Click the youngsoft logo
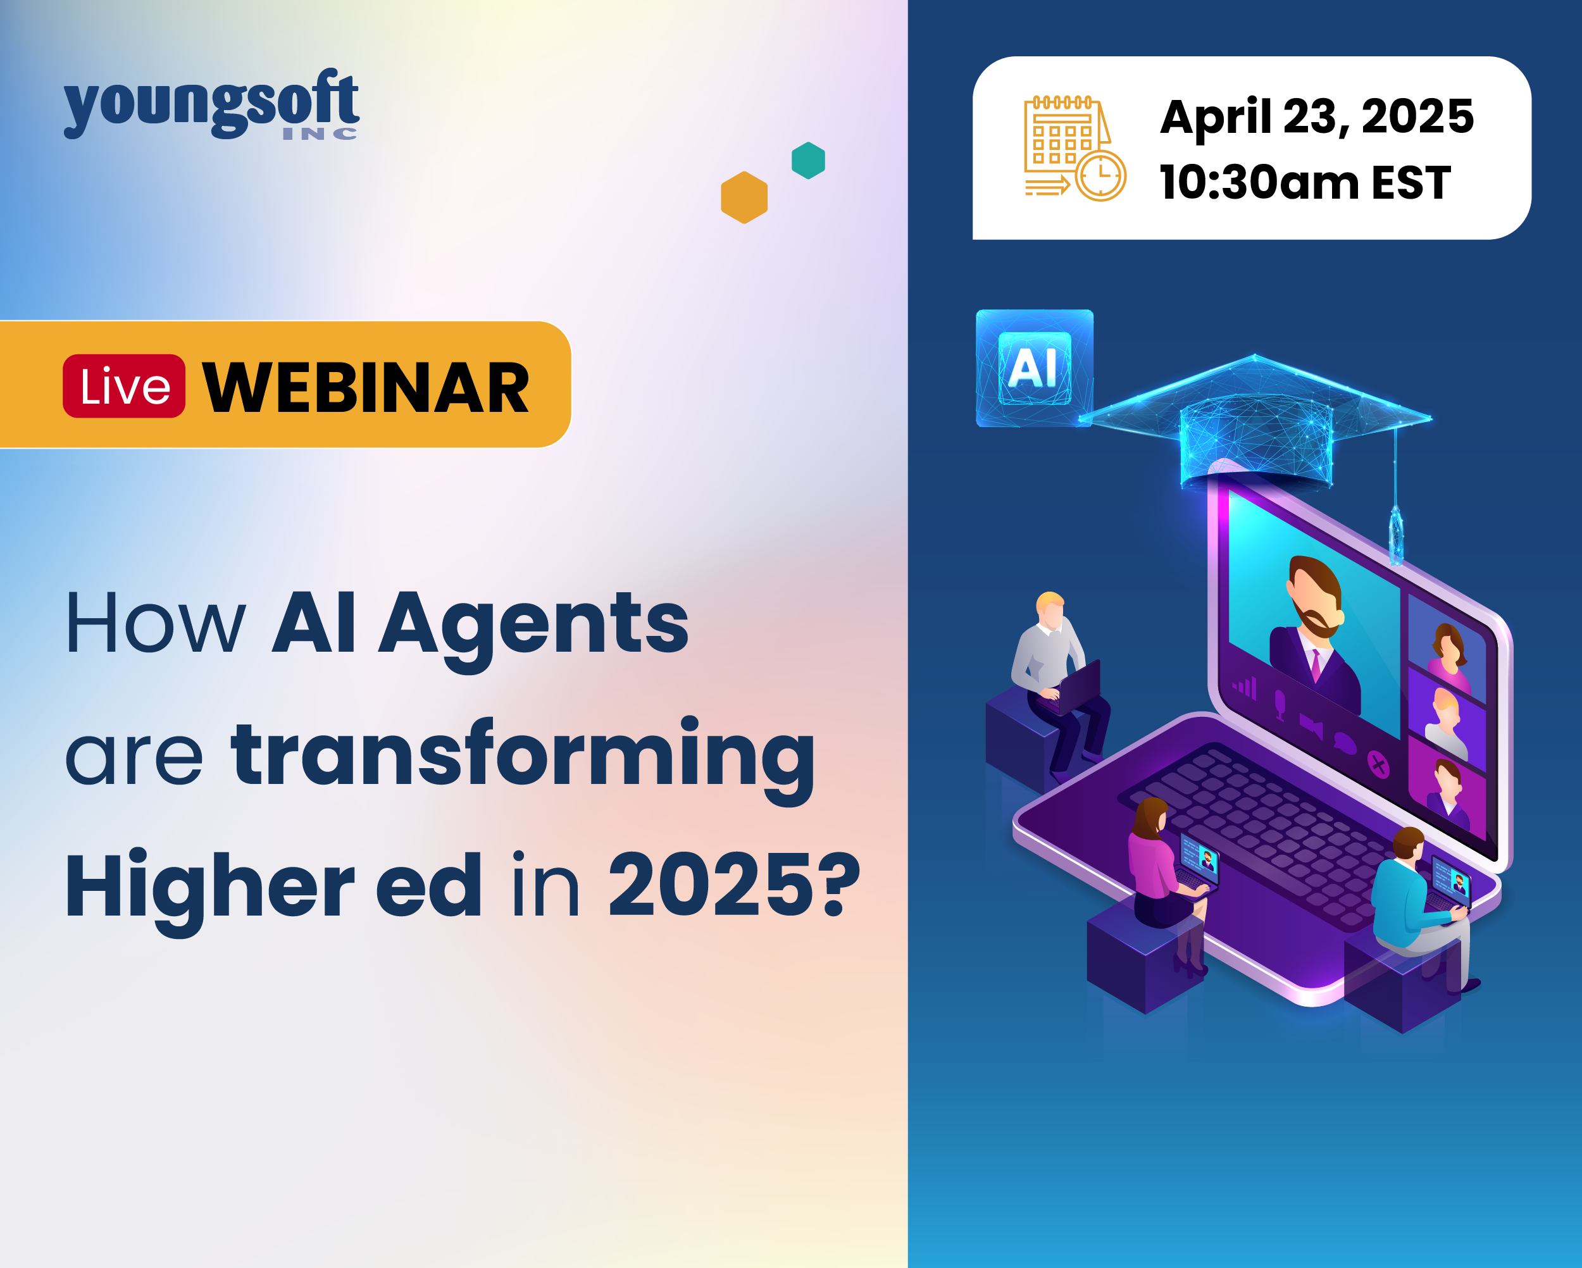click(211, 104)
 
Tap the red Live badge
click(124, 386)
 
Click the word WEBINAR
click(365, 387)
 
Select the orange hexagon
click(744, 197)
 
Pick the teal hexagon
click(808, 160)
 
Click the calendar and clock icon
click(1075, 148)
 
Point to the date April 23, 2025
click(1316, 116)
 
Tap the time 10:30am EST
click(1305, 182)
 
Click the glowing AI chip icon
click(1035, 368)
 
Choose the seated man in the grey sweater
click(1057, 683)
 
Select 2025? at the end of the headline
click(734, 885)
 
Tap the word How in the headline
click(156, 622)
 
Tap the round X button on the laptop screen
click(1380, 766)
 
